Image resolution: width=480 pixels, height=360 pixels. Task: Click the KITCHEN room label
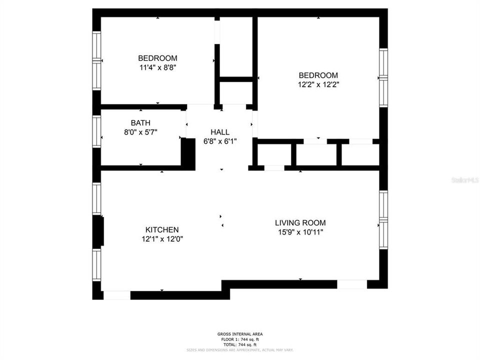160,229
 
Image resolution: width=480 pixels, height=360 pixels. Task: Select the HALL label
220,132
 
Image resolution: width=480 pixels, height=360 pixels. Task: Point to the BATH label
140,123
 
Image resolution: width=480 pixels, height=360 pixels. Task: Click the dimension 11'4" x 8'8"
157,67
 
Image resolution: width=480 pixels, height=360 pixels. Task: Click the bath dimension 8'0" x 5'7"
140,132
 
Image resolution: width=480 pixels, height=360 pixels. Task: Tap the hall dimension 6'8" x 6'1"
220,141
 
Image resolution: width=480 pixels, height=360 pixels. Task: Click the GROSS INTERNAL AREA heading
239,334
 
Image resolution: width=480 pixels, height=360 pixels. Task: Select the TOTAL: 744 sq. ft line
239,344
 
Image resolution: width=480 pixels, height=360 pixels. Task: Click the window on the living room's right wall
383,220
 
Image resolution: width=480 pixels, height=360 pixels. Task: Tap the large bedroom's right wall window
383,77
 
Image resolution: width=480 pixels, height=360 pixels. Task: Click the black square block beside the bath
188,154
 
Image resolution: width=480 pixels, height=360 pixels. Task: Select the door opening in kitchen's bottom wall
117,295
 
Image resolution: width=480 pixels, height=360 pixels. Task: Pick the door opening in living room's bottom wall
352,284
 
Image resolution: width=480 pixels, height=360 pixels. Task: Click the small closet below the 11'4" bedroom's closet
235,92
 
